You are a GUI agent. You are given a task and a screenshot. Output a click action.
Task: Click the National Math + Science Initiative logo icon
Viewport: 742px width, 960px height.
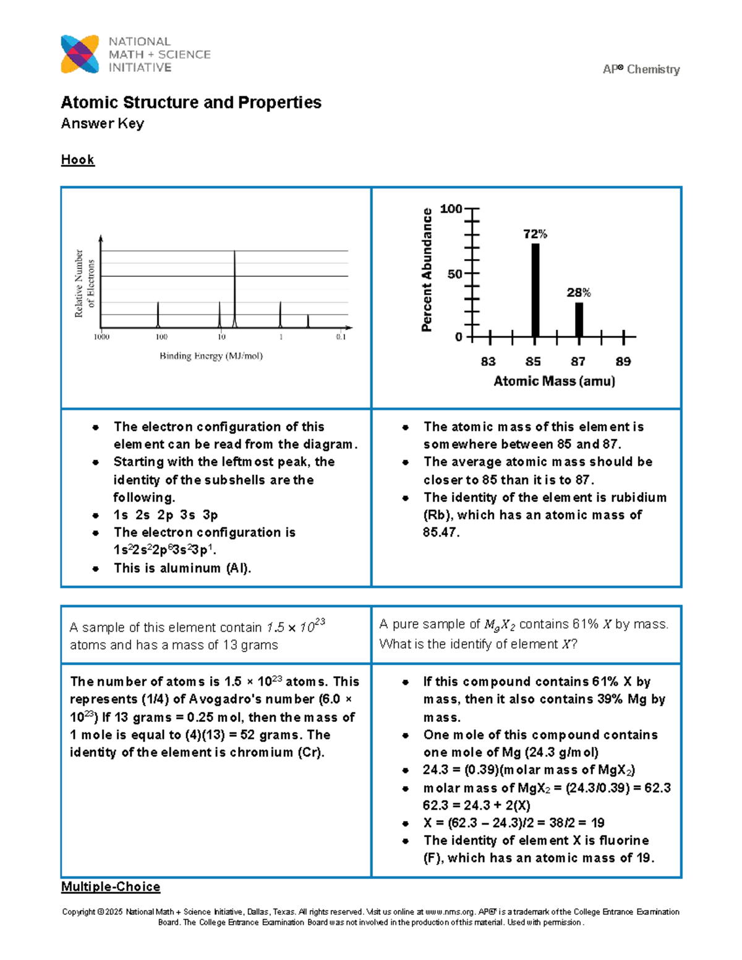click(x=80, y=54)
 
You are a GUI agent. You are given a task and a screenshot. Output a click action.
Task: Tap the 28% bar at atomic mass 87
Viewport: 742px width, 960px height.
click(x=579, y=319)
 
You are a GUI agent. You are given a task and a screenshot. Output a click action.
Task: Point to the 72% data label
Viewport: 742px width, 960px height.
click(x=535, y=234)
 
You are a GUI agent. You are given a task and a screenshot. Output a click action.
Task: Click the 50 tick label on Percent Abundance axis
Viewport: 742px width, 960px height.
click(x=454, y=274)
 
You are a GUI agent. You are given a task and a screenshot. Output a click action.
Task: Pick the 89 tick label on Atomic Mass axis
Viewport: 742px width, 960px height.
click(x=623, y=362)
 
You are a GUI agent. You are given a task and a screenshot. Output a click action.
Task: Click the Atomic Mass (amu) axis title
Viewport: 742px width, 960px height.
click(x=554, y=381)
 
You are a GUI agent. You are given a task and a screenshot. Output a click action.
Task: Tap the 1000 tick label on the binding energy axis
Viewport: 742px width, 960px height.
click(x=101, y=338)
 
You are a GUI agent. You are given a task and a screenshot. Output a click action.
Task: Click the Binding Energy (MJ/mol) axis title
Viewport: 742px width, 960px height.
click(x=211, y=356)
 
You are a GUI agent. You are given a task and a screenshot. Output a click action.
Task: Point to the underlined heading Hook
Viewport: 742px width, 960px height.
click(x=77, y=159)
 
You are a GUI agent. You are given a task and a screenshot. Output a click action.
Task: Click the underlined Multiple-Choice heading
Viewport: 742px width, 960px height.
click(x=111, y=887)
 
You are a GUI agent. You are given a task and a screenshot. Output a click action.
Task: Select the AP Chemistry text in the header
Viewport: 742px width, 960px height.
click(x=641, y=69)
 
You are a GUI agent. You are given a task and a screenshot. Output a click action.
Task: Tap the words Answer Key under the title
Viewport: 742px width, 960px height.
click(x=103, y=124)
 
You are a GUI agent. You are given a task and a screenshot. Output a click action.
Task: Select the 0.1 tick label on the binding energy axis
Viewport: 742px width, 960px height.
click(x=341, y=338)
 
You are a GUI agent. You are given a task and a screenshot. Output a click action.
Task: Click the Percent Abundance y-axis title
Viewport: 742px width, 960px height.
click(x=427, y=270)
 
